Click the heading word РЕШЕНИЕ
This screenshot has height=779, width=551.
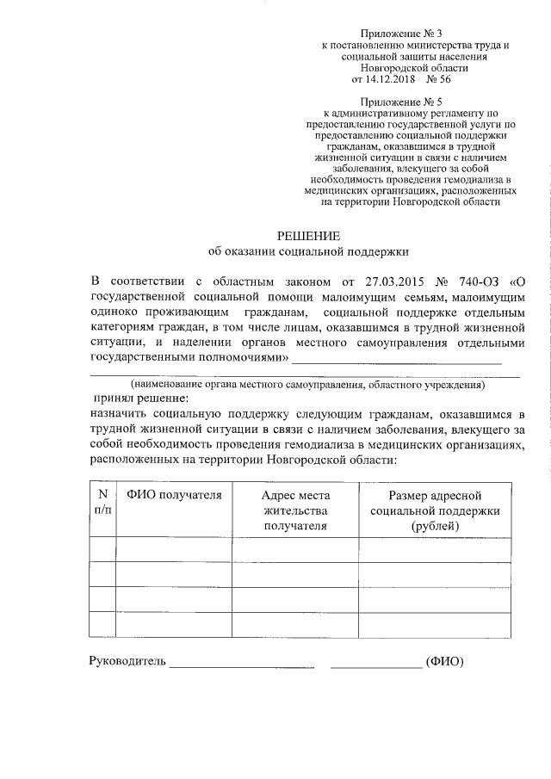coord(307,235)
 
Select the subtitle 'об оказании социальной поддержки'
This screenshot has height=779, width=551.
coord(307,251)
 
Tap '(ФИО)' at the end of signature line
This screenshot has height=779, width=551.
coord(445,662)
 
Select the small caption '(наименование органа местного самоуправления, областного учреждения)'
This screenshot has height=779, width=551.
coord(307,385)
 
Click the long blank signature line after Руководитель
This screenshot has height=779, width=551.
coord(242,665)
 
